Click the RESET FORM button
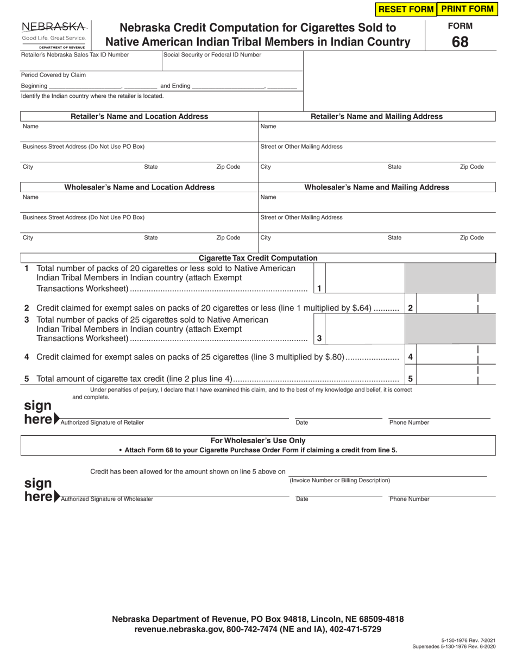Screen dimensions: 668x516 pos(405,9)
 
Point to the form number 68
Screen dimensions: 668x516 pos(460,42)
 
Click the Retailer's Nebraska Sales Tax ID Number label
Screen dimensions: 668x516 pos(75,55)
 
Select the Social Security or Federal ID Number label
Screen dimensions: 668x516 pos(212,55)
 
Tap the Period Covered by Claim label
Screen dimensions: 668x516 pos(53,75)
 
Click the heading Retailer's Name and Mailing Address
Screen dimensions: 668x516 pos(376,116)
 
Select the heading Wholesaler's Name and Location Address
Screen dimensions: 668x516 pos(140,187)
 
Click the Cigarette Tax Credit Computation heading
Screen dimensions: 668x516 pos(258,258)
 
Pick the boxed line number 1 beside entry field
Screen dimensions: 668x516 pos(319,288)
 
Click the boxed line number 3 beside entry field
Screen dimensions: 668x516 pos(319,338)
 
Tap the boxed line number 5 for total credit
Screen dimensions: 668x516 pos(411,379)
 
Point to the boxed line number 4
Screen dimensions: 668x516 pos(411,357)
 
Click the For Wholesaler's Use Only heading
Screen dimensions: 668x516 pos(258,440)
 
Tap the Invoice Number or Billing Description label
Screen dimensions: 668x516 pos(339,481)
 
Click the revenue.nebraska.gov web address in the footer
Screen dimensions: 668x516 pos(172,629)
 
